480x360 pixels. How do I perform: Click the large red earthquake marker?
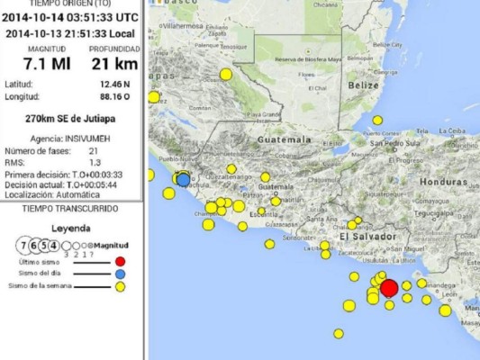389,288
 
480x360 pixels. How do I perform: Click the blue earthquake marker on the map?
184,180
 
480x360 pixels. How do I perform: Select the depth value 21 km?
114,63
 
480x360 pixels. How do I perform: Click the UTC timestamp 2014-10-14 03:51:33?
70,16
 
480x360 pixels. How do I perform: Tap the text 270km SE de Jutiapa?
71,118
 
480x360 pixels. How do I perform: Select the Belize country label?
365,85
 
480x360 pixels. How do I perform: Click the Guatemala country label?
284,140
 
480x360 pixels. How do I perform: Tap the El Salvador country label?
367,236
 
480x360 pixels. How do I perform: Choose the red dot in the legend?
120,263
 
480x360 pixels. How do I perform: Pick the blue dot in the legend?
120,274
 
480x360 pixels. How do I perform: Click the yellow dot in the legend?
120,285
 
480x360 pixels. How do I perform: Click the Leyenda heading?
71,229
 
